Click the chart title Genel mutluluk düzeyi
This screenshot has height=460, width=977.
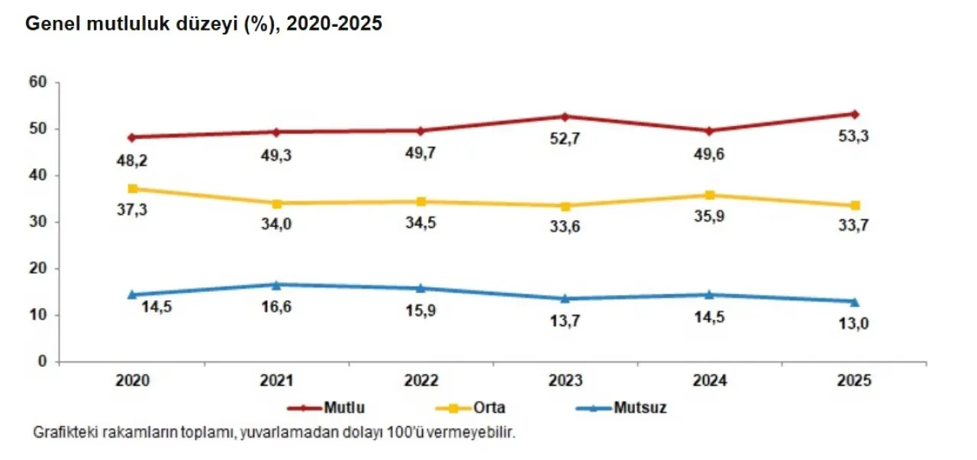[x=204, y=24]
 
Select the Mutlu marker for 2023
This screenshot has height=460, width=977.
[x=565, y=116]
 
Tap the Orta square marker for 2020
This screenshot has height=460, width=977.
[x=132, y=188]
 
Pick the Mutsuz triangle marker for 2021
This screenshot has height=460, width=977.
[x=276, y=284]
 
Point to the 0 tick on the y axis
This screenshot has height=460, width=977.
[x=44, y=361]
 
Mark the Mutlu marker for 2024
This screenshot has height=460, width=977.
[x=710, y=131]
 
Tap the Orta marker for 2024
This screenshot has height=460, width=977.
[x=710, y=195]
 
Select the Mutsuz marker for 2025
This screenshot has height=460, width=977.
[x=855, y=301]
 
